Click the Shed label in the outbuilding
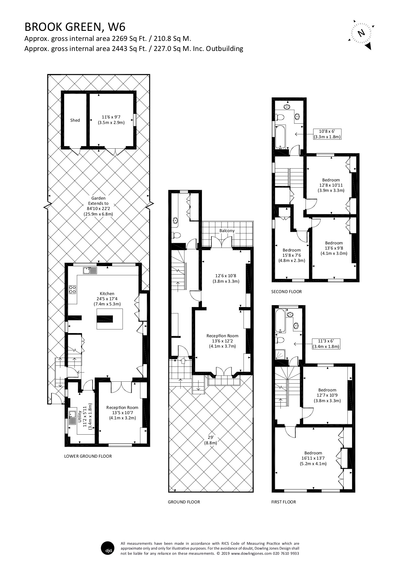tap(75, 120)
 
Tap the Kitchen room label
tap(107, 293)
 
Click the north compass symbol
tap(361, 33)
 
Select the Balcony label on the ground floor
tap(227, 230)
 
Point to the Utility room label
tap(79, 416)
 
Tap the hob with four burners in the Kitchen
tap(72, 289)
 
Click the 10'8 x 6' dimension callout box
tap(327, 134)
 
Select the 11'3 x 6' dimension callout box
tap(326, 344)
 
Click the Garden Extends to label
tap(98, 203)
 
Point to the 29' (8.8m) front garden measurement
tap(210, 440)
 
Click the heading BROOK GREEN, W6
tap(75, 27)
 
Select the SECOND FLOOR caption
tap(286, 291)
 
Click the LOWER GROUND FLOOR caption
tap(88, 456)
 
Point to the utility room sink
tap(72, 415)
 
